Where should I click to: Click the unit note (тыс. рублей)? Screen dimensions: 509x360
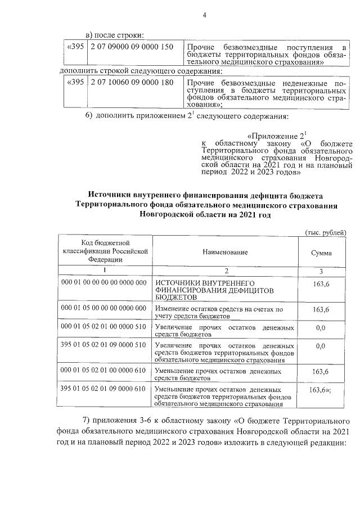click(326, 233)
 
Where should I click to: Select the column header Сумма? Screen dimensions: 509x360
click(321, 253)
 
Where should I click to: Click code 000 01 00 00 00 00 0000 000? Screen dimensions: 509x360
click(103, 282)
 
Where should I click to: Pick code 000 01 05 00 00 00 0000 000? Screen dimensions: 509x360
click(103, 309)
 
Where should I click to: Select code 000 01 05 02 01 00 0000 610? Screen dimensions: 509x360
click(103, 371)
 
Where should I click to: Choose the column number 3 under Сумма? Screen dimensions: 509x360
click(321, 271)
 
